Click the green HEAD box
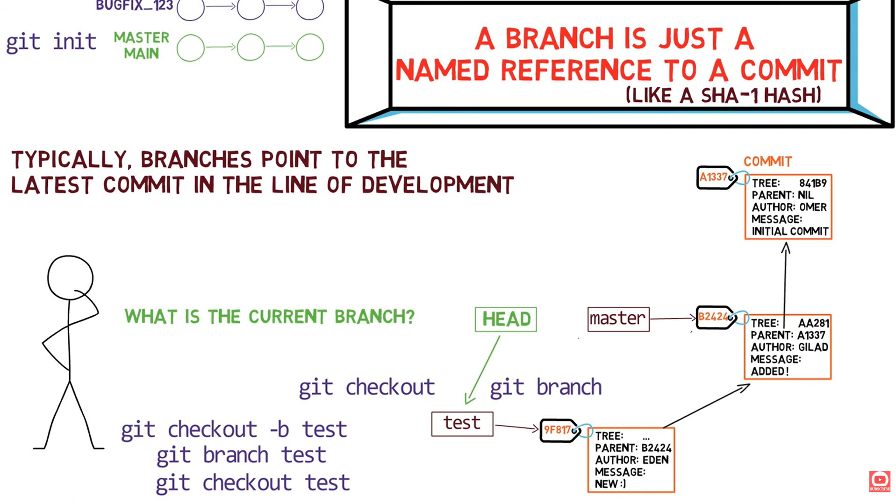(x=505, y=319)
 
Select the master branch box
(x=618, y=319)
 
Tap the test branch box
(x=462, y=424)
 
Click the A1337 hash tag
(x=714, y=177)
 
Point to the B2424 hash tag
(x=713, y=317)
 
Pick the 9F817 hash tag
(x=558, y=430)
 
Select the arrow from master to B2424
(x=672, y=318)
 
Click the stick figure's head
(x=70, y=277)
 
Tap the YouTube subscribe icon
(x=879, y=481)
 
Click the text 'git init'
(x=51, y=42)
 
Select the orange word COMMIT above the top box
(x=767, y=162)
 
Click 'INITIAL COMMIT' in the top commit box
(x=789, y=231)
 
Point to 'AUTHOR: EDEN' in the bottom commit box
(x=631, y=460)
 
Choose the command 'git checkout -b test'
(x=234, y=430)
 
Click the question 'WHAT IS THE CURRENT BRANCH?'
(x=269, y=317)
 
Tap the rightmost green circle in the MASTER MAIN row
(x=310, y=47)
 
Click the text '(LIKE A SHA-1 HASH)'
(x=723, y=95)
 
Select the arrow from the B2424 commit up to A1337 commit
(x=785, y=280)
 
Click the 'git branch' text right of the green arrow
(x=545, y=387)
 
